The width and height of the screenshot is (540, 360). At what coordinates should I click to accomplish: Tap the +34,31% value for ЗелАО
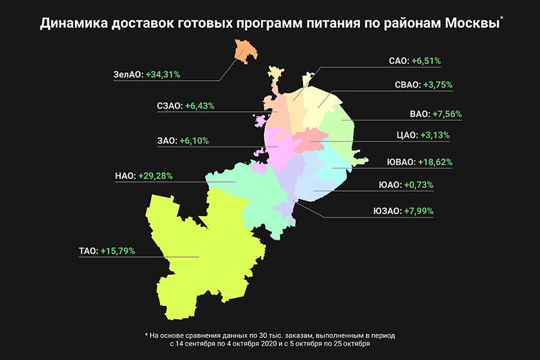click(x=163, y=75)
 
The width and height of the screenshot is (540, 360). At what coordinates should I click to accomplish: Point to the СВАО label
click(x=406, y=85)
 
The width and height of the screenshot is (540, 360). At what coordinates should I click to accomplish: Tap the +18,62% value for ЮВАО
click(x=429, y=162)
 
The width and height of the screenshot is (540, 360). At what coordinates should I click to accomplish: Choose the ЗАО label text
click(x=167, y=141)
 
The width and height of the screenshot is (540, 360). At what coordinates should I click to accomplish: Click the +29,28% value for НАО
click(x=155, y=176)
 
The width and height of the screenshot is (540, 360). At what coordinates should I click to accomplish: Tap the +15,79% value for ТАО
click(x=118, y=251)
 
